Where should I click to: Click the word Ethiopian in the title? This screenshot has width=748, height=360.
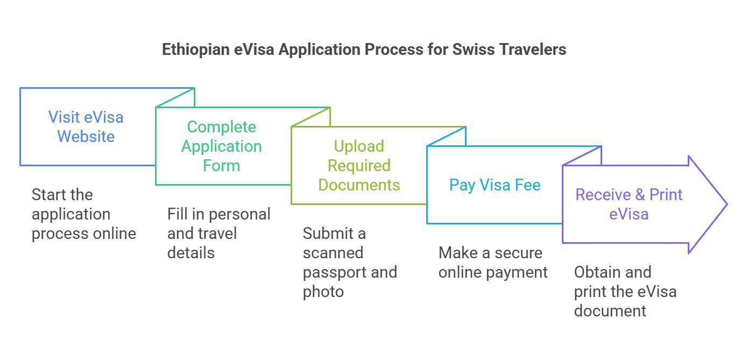click(x=196, y=50)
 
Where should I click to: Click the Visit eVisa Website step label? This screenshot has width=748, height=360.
click(x=86, y=127)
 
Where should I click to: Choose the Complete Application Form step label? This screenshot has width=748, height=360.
click(x=221, y=146)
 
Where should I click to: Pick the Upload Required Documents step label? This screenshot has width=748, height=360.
click(x=359, y=166)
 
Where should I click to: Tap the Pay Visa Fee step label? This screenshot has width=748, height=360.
click(x=495, y=185)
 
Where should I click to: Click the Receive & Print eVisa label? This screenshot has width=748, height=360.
click(x=629, y=204)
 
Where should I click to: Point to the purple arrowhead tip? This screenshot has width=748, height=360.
click(x=726, y=204)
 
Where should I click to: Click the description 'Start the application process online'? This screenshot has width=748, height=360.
click(x=84, y=214)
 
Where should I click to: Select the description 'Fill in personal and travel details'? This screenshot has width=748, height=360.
click(x=218, y=234)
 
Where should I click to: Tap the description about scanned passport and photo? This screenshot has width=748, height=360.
click(x=350, y=263)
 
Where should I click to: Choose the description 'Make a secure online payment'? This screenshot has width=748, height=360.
click(x=493, y=263)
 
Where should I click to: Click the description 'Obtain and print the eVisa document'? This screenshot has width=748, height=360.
click(x=625, y=292)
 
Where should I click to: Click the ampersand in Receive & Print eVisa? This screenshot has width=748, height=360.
click(x=640, y=195)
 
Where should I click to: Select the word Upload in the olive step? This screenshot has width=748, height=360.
click(x=359, y=146)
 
